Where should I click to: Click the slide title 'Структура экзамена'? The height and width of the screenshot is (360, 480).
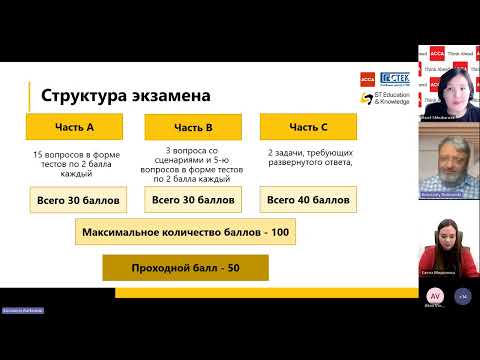(125, 96)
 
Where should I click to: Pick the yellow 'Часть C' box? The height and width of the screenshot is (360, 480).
(309, 127)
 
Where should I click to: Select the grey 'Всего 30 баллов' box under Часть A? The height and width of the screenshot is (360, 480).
(78, 200)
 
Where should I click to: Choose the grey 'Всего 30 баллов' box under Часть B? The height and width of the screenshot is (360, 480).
(194, 200)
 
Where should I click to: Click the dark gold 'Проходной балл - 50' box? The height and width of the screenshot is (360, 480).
(186, 268)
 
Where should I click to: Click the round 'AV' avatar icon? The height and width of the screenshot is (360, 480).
(435, 297)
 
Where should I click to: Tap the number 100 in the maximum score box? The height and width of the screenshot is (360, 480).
(280, 233)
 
